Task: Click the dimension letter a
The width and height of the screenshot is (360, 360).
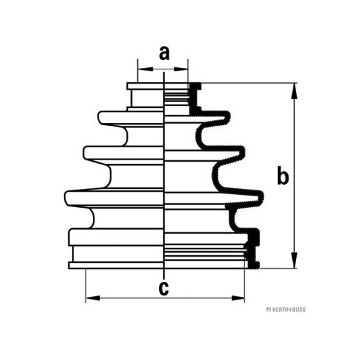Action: [x=164, y=53]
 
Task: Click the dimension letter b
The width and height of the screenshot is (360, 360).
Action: [x=283, y=175]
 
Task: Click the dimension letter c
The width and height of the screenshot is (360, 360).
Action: [x=164, y=289]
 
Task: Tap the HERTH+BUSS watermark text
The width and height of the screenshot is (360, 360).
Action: [x=286, y=310]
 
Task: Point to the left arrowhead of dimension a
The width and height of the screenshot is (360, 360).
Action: [x=145, y=69]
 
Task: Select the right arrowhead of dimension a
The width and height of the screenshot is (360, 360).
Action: [x=181, y=69]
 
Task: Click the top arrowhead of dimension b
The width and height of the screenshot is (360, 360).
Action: [x=294, y=91]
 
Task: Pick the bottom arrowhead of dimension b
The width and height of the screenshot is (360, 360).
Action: [x=294, y=260]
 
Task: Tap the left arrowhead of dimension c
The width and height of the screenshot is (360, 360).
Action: [x=93, y=298]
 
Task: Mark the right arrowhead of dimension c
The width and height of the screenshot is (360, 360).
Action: [x=238, y=298]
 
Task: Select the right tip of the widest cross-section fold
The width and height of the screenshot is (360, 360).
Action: [x=262, y=197]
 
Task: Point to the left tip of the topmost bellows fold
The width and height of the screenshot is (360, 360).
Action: [x=98, y=117]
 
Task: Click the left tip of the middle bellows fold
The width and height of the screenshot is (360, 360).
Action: [x=84, y=153]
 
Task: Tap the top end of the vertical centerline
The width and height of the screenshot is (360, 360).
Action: [x=164, y=72]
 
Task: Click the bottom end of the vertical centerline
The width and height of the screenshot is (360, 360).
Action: [x=164, y=278]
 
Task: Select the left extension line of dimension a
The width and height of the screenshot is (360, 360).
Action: [x=138, y=71]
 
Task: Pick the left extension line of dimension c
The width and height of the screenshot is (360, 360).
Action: [x=86, y=285]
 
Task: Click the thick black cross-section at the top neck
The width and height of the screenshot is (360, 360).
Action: [x=194, y=98]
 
